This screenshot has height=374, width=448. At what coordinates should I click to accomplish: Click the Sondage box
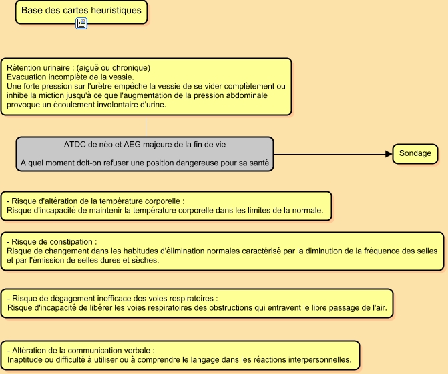[x=415, y=154]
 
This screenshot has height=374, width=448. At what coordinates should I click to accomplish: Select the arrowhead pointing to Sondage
[x=388, y=154]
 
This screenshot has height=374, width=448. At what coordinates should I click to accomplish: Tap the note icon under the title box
[x=81, y=24]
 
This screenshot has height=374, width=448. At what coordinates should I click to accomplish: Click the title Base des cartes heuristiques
[x=81, y=11]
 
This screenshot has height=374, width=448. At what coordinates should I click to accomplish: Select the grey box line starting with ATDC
[x=144, y=144]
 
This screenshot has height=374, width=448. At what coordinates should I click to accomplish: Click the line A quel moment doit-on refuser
[x=144, y=163]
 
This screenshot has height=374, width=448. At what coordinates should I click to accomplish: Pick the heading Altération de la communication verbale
[x=81, y=350]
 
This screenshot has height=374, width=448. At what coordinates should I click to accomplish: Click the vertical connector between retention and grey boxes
[x=146, y=127]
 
